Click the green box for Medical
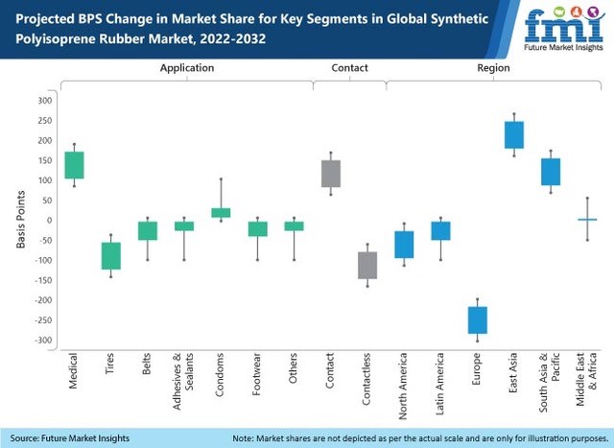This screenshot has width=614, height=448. tap(74, 165)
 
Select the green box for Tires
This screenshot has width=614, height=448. tap(110, 256)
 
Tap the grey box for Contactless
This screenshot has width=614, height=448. tap(366, 265)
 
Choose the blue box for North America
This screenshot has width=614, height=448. tap(404, 245)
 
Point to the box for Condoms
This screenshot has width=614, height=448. tap(221, 212)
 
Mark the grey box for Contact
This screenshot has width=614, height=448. tap(330, 174)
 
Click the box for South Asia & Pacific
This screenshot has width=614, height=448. tap(550, 172)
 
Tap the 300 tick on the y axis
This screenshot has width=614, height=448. tap(44, 101)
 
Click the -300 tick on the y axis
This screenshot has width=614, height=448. tap(41, 341)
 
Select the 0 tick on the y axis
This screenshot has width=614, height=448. tap(49, 221)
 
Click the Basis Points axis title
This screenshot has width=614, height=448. tap(19, 221)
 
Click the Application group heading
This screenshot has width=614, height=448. tap(187, 68)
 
